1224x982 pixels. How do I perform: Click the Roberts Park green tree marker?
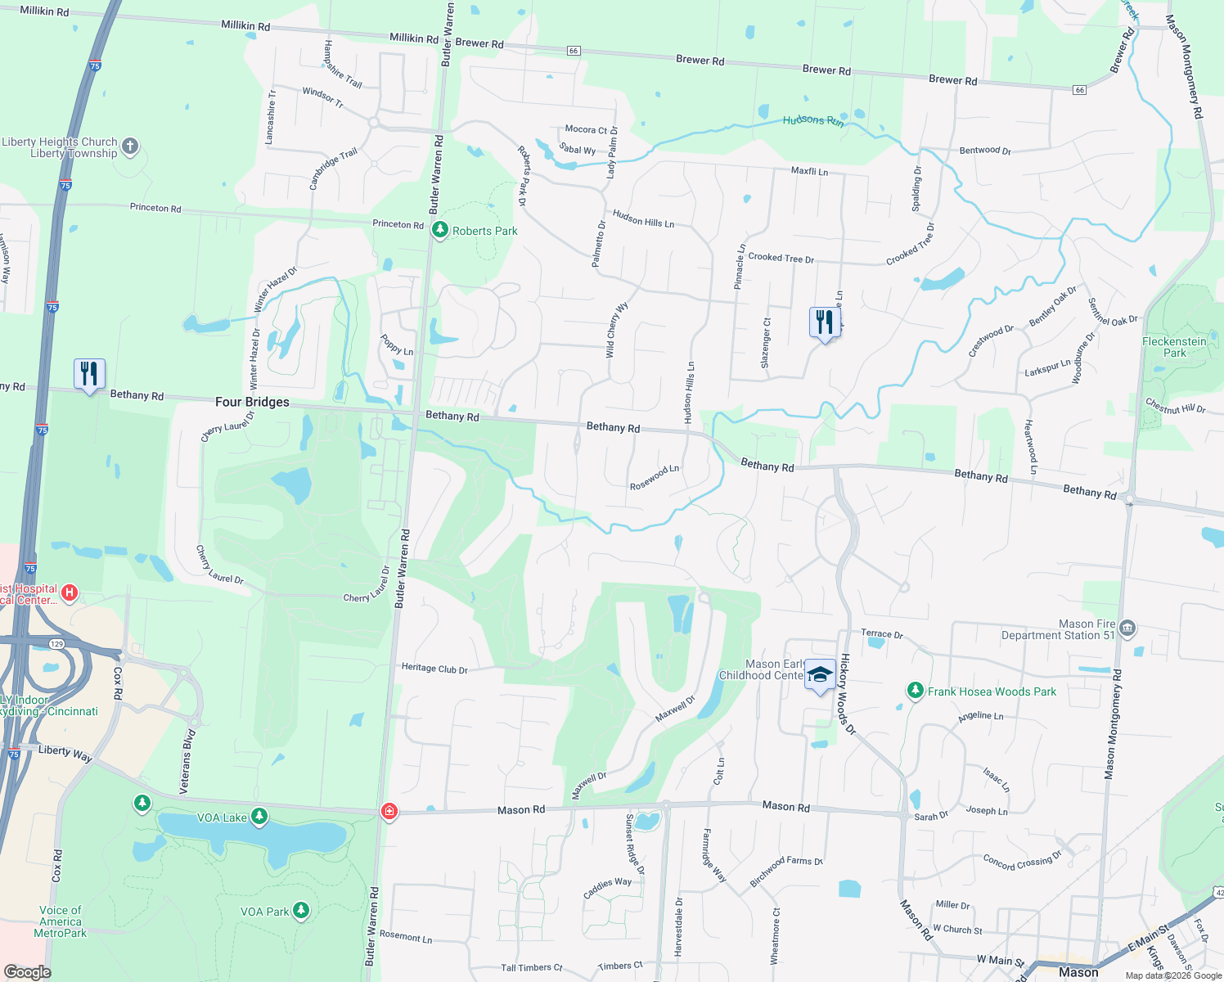coord(440,230)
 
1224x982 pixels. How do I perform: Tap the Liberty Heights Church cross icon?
coord(130,147)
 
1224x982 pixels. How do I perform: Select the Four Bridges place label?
coord(252,402)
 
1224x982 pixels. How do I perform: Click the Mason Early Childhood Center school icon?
coord(820,676)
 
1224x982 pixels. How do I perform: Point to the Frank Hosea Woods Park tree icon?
coord(916,691)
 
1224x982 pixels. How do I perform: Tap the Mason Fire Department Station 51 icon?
coord(1127,628)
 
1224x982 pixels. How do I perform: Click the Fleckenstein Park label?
coord(1174,347)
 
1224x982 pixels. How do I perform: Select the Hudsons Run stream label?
coord(812,120)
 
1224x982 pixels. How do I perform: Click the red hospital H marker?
coord(70,592)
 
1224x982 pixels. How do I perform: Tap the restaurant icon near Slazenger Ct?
coord(825,322)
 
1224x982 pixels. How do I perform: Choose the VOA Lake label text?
coord(222,818)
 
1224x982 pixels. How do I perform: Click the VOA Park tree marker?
coord(301,910)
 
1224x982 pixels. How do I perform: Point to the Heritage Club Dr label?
coord(434,669)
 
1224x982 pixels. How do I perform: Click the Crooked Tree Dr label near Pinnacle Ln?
coord(781,258)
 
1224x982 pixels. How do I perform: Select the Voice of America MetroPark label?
coord(61,921)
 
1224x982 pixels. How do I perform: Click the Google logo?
coord(27,972)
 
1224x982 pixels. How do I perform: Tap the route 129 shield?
coord(56,644)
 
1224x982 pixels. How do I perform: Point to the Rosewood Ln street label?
coord(655,477)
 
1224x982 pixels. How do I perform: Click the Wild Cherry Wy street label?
coord(616,330)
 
